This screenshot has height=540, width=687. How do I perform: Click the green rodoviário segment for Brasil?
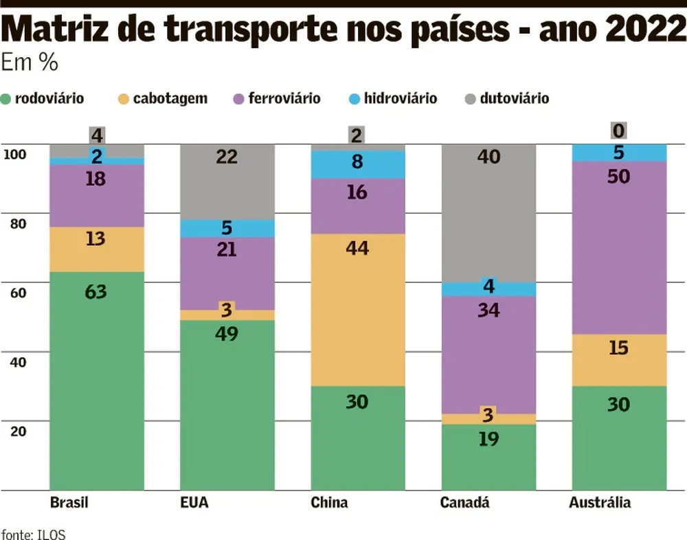pyautogui.click(x=97, y=381)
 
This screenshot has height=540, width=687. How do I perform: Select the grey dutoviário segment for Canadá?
pyautogui.click(x=488, y=213)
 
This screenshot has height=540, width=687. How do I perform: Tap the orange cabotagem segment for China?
pyautogui.click(x=358, y=309)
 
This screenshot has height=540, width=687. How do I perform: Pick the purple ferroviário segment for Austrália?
pyautogui.click(x=619, y=247)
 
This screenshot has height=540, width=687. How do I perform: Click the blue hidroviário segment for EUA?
pyautogui.click(x=227, y=228)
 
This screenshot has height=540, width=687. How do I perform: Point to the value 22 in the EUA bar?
pyautogui.click(x=227, y=157)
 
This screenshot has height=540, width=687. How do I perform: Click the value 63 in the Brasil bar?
pyautogui.click(x=97, y=292)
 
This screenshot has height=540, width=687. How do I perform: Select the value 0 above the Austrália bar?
pyautogui.click(x=619, y=131)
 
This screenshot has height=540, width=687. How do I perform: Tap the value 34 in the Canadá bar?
pyautogui.click(x=488, y=310)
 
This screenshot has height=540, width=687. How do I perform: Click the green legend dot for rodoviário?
pyautogui.click(x=7, y=99)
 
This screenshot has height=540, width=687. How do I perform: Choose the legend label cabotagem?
pyautogui.click(x=170, y=99)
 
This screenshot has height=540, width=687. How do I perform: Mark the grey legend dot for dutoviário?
pyautogui.click(x=470, y=99)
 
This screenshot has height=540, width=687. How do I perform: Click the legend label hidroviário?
pyautogui.click(x=401, y=99)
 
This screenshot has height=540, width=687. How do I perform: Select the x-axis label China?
pyautogui.click(x=329, y=503)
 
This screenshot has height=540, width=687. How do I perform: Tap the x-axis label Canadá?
pyautogui.click(x=465, y=503)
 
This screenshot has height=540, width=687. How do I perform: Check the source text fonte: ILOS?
pyautogui.click(x=33, y=534)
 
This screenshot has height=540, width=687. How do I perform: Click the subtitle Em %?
pyautogui.click(x=30, y=63)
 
